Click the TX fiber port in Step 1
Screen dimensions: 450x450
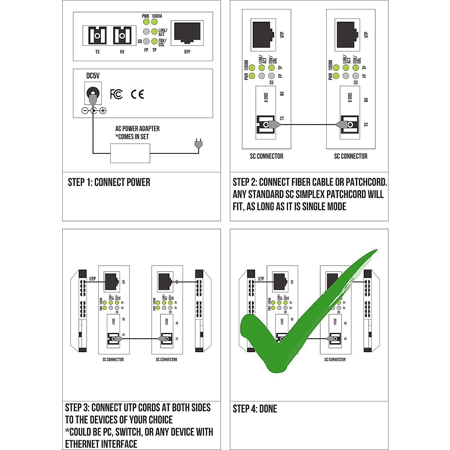point(97,36)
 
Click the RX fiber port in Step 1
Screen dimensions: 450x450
point(122,36)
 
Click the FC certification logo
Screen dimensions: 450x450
point(116,94)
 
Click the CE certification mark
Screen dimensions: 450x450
point(137,94)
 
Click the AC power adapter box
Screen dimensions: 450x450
point(130,153)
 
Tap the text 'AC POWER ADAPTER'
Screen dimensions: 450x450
point(137,129)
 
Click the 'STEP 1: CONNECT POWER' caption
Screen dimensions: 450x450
point(109,183)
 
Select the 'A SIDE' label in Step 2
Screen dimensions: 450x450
point(266,97)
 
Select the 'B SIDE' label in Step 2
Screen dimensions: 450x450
point(350,97)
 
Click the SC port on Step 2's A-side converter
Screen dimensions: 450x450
point(264,124)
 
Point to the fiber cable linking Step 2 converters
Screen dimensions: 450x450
point(307,124)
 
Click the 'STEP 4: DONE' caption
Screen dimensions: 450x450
point(255,409)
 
